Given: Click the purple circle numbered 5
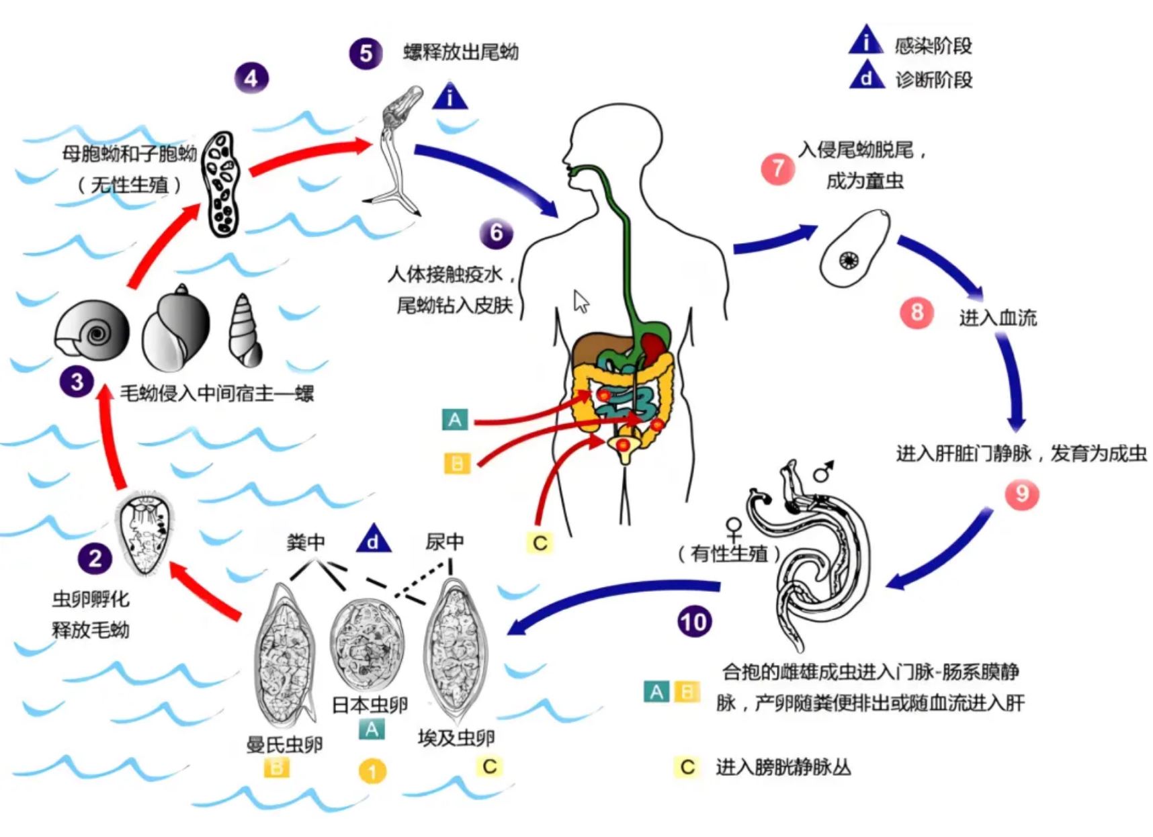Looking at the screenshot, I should pos(366,53).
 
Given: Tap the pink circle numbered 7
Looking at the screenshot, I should pos(777,168).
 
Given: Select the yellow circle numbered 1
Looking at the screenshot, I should pos(372,771).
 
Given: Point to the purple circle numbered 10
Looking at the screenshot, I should pos(694,621).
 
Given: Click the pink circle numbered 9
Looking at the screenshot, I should pos(1021,494).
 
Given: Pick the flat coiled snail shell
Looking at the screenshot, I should pos(92,331).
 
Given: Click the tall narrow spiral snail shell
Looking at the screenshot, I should pos(244,331).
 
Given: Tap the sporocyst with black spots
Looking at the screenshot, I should pos(221,184).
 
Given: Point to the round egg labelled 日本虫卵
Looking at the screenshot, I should pos(368,644).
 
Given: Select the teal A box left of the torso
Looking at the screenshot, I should pos(455,420).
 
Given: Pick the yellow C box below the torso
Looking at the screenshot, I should pos(540,543).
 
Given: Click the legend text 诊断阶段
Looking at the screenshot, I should pos(933,80).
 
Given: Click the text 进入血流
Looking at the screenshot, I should pos(997,317).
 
